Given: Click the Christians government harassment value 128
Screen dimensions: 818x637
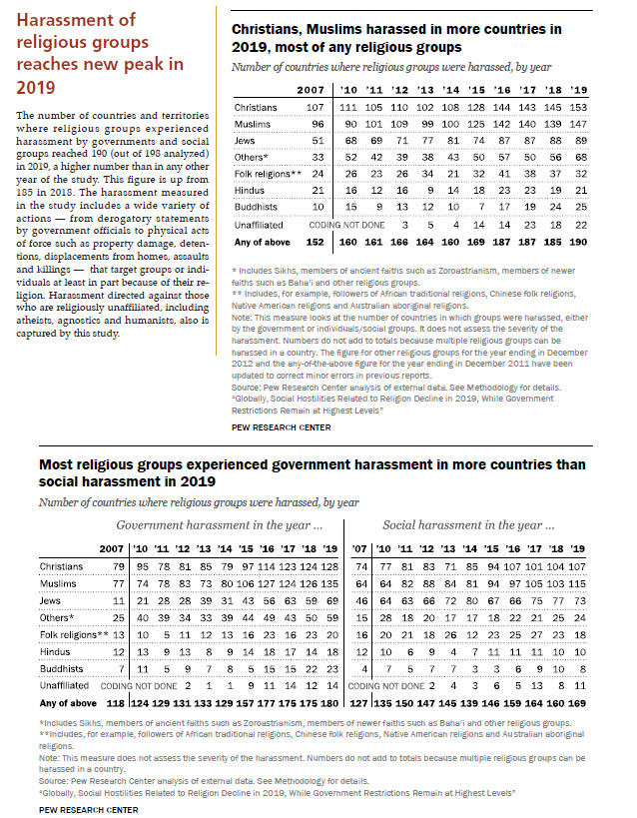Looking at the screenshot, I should click(330, 566).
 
